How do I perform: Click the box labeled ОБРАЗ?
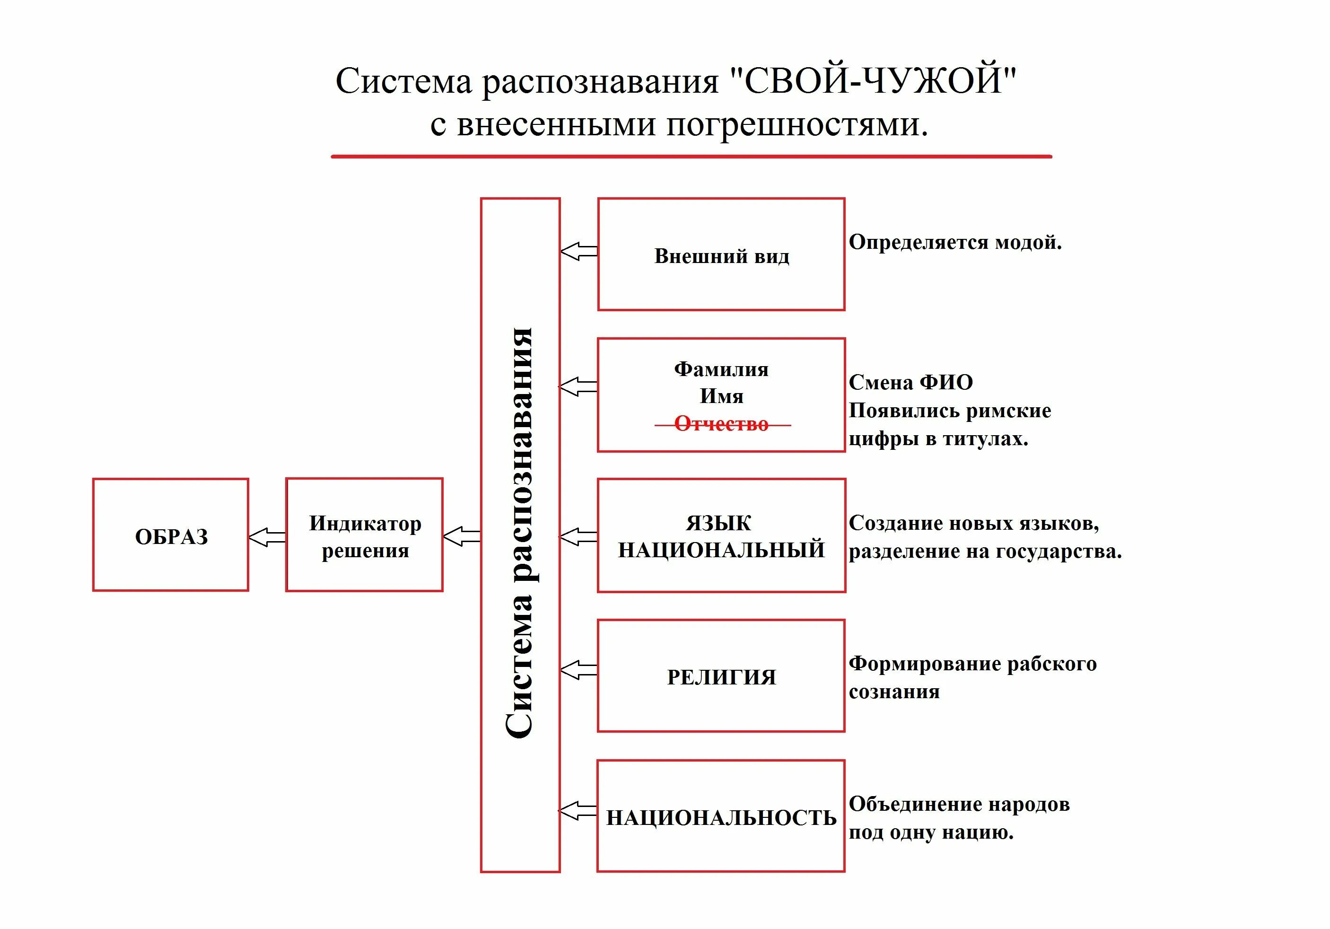pos(171,535)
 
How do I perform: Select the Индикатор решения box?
pos(364,535)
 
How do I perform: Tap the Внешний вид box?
pos(721,255)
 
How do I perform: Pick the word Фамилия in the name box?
pos(721,369)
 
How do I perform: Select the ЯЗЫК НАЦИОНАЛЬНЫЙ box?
pos(721,536)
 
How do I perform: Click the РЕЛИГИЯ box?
pos(721,676)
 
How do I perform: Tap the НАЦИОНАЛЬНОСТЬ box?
pos(721,816)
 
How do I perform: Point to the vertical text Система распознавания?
pos(520,533)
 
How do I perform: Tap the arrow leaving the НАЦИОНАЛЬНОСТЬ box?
pos(577,810)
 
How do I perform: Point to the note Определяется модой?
pos(954,242)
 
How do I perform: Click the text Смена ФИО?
pos(910,382)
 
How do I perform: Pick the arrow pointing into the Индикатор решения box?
pos(462,536)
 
